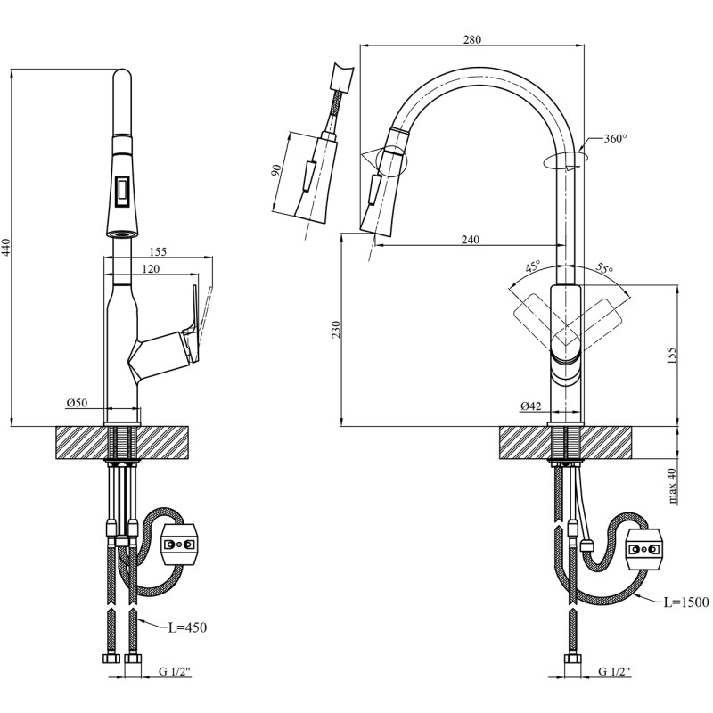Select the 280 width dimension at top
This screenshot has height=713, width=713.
(472, 39)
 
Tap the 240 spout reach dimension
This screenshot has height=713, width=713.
(471, 239)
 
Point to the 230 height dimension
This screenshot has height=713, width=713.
(336, 330)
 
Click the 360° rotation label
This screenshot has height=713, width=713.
(615, 139)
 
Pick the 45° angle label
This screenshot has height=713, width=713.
(533, 266)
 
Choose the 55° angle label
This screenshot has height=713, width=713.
(605, 268)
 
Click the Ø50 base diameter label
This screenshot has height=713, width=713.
(77, 403)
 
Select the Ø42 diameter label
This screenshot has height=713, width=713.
(530, 406)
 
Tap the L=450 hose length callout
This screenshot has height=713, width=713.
(187, 628)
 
